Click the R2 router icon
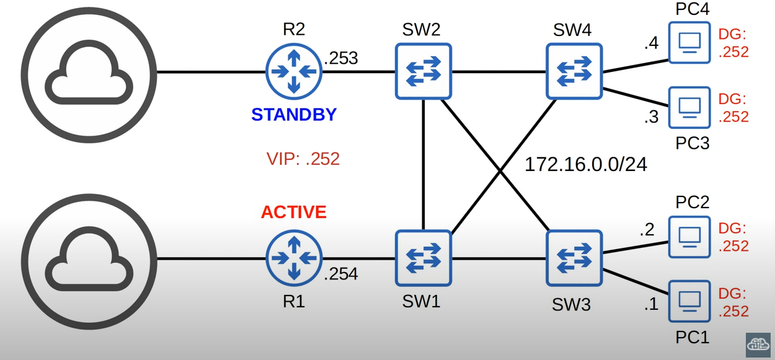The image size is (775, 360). point(294,71)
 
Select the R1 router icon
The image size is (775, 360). point(294,258)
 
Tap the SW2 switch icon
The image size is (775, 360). point(423,71)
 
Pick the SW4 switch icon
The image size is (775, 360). point(574,71)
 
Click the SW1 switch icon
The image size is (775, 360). point(423,258)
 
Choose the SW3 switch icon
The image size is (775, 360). point(574,258)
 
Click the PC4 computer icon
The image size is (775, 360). point(689,43)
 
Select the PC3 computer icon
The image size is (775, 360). point(689,107)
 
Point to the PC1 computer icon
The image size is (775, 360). point(689,301)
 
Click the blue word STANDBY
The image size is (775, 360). point(294,115)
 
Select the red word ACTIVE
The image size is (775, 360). point(294,212)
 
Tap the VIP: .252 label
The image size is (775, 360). point(303,159)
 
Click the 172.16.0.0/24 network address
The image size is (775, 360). point(586,165)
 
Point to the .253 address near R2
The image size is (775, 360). point(341,58)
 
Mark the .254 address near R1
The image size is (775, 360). point(341,273)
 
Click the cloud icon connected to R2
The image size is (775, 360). point(91,71)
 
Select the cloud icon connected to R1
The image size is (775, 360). point(91,258)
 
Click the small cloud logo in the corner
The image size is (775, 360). point(758,345)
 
